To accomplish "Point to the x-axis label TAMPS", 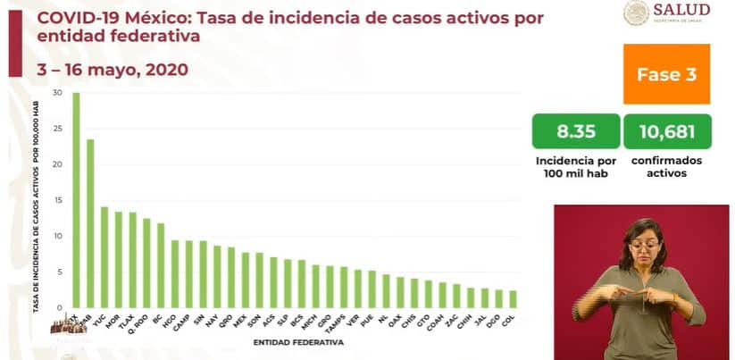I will (339, 320).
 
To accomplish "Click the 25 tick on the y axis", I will (57, 129).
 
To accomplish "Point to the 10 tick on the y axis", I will (57, 236).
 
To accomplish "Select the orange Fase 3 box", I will (666, 75).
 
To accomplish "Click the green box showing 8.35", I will (575, 131).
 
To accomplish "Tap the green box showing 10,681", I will (667, 131).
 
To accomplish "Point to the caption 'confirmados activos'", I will (666, 167).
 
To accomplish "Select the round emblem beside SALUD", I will (637, 13).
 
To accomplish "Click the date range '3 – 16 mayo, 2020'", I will (101, 69).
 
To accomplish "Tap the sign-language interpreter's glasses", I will (645, 243).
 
